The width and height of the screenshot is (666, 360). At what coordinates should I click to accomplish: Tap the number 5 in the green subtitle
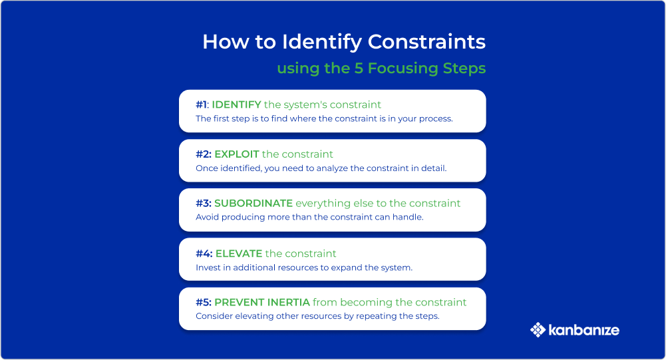pos(359,69)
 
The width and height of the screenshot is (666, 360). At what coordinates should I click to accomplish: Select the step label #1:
pos(202,104)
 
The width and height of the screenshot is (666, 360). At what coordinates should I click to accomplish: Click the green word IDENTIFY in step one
pos(237,104)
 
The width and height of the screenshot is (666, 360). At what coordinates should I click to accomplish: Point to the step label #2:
pos(204,154)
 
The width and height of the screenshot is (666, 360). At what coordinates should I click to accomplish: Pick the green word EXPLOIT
pos(237,154)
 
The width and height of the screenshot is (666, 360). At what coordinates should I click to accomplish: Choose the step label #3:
pos(204,203)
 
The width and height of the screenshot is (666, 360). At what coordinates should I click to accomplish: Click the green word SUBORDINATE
pos(253,203)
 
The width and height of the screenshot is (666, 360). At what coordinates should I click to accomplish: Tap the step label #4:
pos(204,254)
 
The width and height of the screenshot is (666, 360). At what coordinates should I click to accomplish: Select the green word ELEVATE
pos(239,254)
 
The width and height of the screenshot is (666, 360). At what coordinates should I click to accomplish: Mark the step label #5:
pos(204,302)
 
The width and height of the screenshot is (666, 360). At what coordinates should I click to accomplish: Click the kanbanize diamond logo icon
pos(538,330)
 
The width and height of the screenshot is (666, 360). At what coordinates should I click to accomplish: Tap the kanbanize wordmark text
pos(584,330)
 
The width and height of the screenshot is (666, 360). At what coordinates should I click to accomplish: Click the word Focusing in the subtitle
pos(403,69)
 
